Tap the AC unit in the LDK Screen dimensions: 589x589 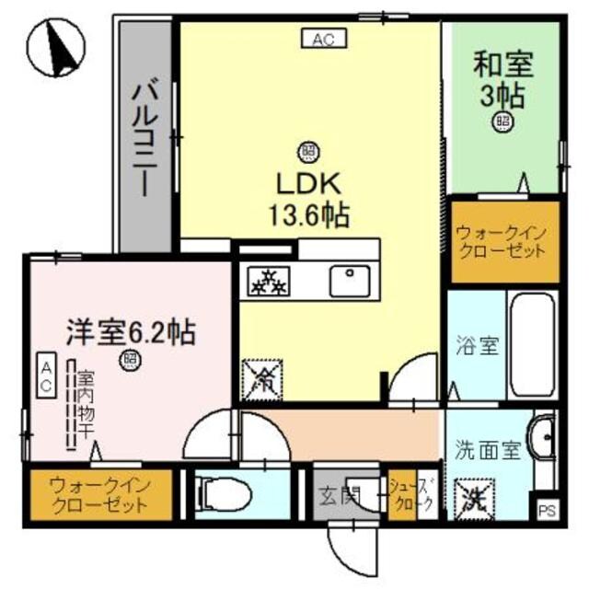click(x=321, y=39)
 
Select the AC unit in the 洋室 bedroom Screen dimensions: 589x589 click(x=44, y=376)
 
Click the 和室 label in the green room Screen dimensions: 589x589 click(x=502, y=67)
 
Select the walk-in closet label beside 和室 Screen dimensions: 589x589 click(x=502, y=242)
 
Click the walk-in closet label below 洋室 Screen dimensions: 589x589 click(x=97, y=492)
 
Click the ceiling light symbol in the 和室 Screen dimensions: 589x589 click(x=503, y=120)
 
